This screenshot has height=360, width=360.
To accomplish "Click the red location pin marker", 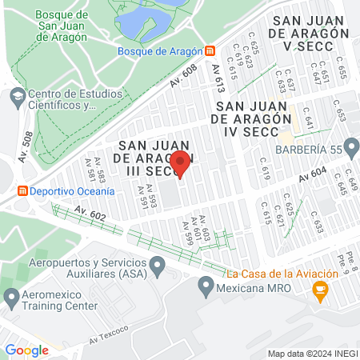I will tap(181, 162).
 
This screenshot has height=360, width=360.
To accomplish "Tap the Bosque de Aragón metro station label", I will tap(159, 51).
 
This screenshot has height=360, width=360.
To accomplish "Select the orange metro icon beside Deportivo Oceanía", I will tap(23, 191).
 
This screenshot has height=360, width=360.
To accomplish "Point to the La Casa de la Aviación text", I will tap(278, 274).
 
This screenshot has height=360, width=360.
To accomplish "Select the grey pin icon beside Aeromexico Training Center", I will tap(11, 299).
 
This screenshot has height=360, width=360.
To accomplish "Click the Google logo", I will tap(26, 350).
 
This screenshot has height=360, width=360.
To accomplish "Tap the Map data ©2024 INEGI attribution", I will tap(312, 354).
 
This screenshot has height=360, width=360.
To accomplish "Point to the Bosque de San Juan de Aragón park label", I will tap(69, 22).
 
